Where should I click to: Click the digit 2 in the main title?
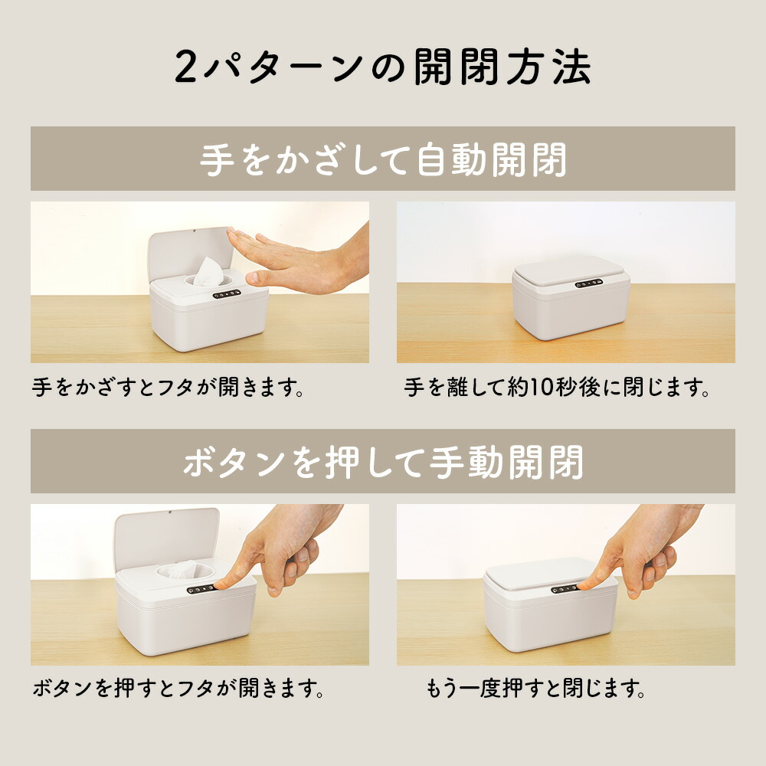tap(185, 67)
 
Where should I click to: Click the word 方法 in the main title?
tap(548, 67)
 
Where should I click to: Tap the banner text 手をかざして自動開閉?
tap(383, 159)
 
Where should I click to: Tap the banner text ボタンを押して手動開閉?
tap(383, 462)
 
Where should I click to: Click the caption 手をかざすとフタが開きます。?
tap(168, 388)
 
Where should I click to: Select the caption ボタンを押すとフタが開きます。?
tap(178, 689)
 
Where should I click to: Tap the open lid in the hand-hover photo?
tap(191, 254)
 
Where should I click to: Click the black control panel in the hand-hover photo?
tap(227, 295)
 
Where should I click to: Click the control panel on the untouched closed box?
tap(588, 283)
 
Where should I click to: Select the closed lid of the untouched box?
tap(568, 271)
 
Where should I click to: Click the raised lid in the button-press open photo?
tap(166, 538)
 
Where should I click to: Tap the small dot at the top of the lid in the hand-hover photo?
tap(194, 231)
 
